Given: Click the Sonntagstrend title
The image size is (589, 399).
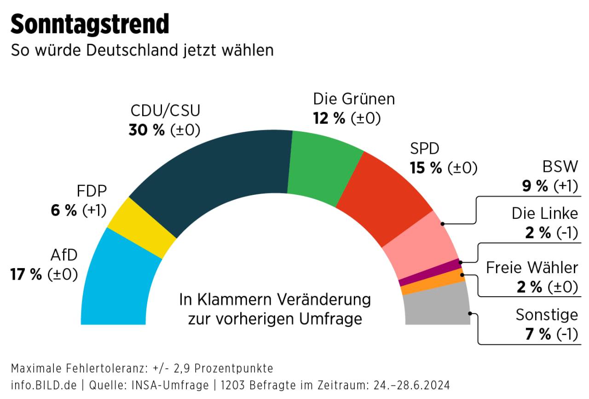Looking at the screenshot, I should click(90, 24).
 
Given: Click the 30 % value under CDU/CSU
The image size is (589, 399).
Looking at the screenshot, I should click(146, 131).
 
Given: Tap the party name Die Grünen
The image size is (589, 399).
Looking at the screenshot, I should click(354, 99).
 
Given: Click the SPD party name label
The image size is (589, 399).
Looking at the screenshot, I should click(425, 149).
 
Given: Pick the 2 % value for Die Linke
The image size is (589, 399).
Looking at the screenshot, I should click(538, 233).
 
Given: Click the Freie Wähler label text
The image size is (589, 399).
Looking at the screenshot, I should click(532, 268).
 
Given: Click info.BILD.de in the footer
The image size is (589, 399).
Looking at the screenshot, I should click(44, 385).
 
